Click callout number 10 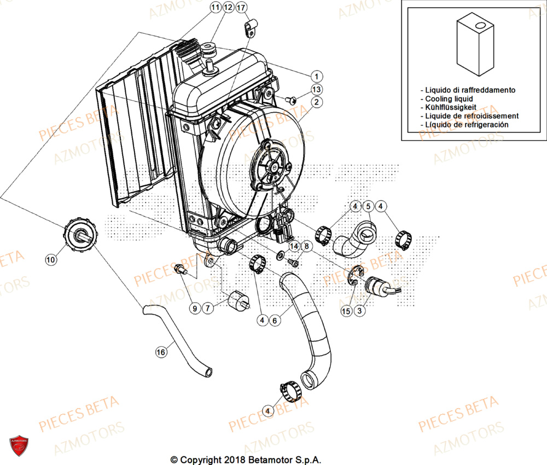coord(51,260)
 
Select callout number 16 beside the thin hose coord(160,353)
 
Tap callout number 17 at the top coord(241,8)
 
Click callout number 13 coord(317,90)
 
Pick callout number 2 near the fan coord(317,102)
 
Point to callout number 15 coord(345,311)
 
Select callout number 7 coord(208,309)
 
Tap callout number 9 coord(194,309)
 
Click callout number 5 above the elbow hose coord(368,206)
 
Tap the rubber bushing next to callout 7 coord(238,300)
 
